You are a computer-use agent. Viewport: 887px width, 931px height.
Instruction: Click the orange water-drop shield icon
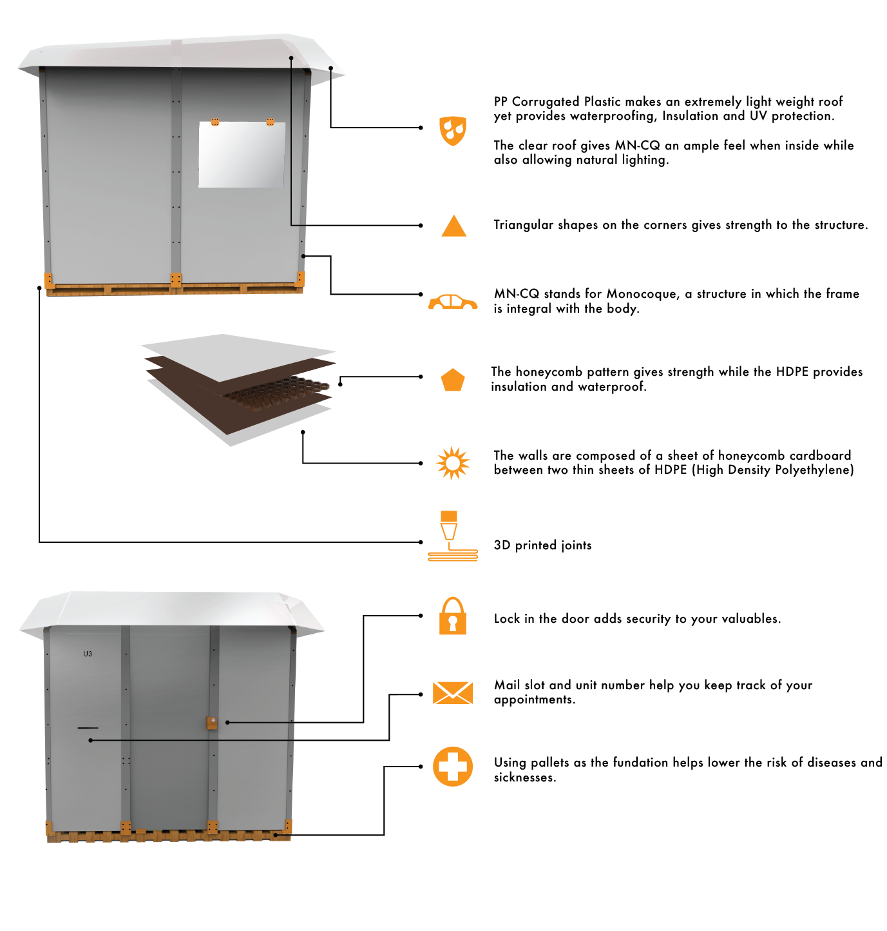coord(452,130)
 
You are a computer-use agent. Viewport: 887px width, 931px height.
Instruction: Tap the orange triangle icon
coord(453,226)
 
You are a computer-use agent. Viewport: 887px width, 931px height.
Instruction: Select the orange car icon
coord(452,302)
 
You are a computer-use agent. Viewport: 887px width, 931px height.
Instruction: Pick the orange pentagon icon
coord(452,380)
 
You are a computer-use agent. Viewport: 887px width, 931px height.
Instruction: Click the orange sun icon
coord(452,463)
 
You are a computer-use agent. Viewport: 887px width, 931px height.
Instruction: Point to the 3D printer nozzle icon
coord(452,536)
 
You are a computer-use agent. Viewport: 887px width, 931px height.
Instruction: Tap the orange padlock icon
coord(452,616)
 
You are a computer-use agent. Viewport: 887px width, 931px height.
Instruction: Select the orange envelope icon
coord(452,693)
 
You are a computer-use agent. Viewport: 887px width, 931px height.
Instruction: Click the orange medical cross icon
coord(452,767)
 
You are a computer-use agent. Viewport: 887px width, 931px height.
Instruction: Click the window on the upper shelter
coord(242,154)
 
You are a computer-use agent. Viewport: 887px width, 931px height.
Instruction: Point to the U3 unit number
coord(88,654)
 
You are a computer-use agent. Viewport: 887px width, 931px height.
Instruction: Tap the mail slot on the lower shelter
coord(88,728)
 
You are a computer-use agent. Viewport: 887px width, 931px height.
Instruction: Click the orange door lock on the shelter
coord(212,723)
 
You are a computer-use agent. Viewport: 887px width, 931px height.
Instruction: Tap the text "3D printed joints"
coord(542,545)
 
